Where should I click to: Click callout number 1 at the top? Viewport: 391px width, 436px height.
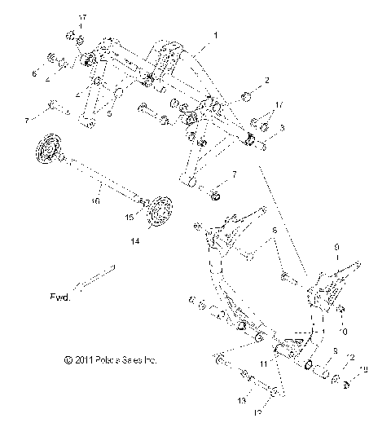(214, 36)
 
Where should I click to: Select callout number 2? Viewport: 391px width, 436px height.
(266, 81)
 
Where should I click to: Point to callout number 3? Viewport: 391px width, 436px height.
(281, 129)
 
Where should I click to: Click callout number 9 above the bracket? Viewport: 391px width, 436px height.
(336, 245)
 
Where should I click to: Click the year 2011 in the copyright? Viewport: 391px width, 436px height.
(81, 359)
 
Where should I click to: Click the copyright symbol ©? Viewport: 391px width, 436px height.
(64, 359)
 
